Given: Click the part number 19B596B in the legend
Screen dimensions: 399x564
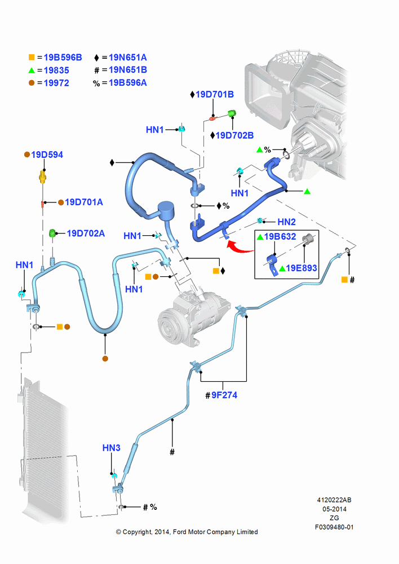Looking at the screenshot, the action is coord(63,58).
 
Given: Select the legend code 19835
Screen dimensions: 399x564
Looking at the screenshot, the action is coord(56,70).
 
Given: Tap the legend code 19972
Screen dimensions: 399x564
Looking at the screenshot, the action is coord(56,83).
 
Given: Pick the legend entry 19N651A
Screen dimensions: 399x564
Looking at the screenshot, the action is coord(127,58).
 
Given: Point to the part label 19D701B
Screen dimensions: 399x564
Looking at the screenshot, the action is coord(215,95).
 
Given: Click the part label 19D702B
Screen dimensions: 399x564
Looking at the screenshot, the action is coord(234,135).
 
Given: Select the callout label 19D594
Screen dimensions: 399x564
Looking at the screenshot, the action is coord(47,155).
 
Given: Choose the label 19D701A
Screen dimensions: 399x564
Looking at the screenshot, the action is coord(84,202).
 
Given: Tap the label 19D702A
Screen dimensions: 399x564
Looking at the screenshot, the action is coord(86,233).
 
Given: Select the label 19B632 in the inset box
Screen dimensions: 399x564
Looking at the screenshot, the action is coord(280,237).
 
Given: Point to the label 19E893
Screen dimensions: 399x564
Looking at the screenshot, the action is coord(302,268).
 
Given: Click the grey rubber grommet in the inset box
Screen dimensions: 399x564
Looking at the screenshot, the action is coord(309,239).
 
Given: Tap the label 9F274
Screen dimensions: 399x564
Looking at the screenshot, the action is coord(224,395).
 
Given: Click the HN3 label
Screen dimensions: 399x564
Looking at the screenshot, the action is coord(112,448).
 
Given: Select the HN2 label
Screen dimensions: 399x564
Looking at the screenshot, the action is coord(286,222).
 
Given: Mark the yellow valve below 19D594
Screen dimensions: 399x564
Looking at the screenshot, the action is coord(43,177).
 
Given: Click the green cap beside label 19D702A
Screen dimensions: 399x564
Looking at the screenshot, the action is coord(52,233).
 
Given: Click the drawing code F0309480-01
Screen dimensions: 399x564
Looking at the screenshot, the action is coord(334,527).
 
